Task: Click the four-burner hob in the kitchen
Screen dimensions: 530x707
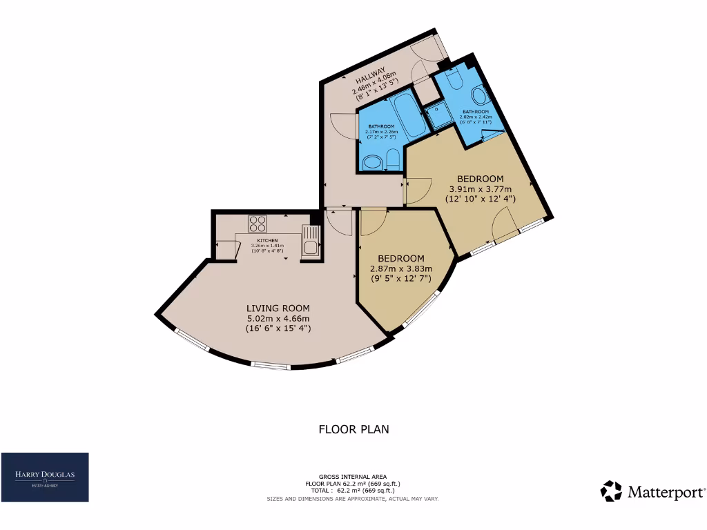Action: coord(258,224)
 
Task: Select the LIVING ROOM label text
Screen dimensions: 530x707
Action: coord(278,308)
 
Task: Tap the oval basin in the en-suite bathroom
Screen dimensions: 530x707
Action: coord(478,95)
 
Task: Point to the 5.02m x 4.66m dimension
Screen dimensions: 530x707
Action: coord(278,318)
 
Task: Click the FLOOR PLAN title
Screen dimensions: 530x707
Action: coord(353,429)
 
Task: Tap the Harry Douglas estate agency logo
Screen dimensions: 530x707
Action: coord(45,477)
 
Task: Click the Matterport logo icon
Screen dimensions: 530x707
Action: coord(611,491)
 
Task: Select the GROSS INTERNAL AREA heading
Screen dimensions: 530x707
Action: coord(353,477)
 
